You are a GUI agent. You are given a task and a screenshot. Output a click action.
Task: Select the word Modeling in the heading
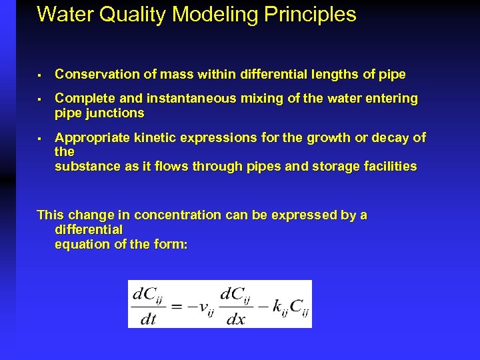pyautogui.click(x=202, y=15)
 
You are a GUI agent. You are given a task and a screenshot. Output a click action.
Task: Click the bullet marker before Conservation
pyautogui.click(x=41, y=75)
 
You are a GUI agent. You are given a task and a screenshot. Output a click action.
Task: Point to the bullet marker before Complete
pyautogui.click(x=41, y=99)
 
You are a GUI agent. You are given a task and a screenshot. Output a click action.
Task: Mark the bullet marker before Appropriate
pyautogui.click(x=41, y=139)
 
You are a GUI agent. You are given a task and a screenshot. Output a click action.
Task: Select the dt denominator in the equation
pyautogui.click(x=148, y=319)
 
